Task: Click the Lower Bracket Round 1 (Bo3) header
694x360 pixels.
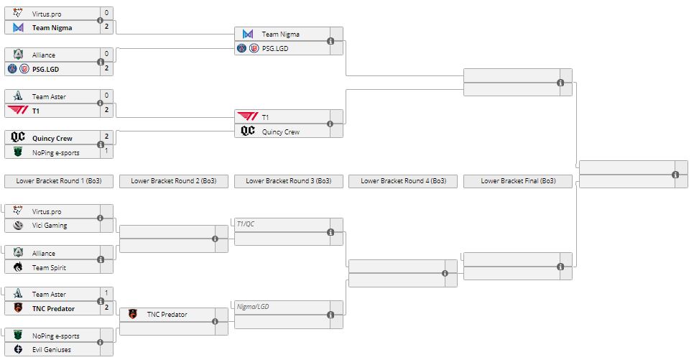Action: [59, 181]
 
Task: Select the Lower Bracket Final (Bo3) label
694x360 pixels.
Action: [518, 181]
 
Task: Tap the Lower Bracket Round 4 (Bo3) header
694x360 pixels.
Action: [403, 181]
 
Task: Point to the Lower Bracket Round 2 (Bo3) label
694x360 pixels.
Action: [174, 181]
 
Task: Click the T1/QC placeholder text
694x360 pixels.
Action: [246, 224]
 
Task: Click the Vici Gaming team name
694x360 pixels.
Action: [50, 226]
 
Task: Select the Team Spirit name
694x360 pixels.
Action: [48, 267]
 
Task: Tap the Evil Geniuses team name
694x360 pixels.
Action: [51, 350]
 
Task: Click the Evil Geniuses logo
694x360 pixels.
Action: [18, 350]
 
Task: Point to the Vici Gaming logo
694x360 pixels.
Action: [18, 226]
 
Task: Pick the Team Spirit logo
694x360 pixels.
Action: [18, 267]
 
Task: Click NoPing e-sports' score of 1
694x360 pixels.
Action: [106, 152]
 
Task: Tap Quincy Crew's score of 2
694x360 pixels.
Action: [106, 136]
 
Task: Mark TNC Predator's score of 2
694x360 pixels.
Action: [106, 308]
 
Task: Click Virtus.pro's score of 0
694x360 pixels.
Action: [106, 13]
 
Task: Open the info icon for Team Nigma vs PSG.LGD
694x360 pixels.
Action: [330, 41]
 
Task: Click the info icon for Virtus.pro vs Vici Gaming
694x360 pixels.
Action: [101, 218]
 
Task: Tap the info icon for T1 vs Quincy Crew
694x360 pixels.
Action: [330, 124]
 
